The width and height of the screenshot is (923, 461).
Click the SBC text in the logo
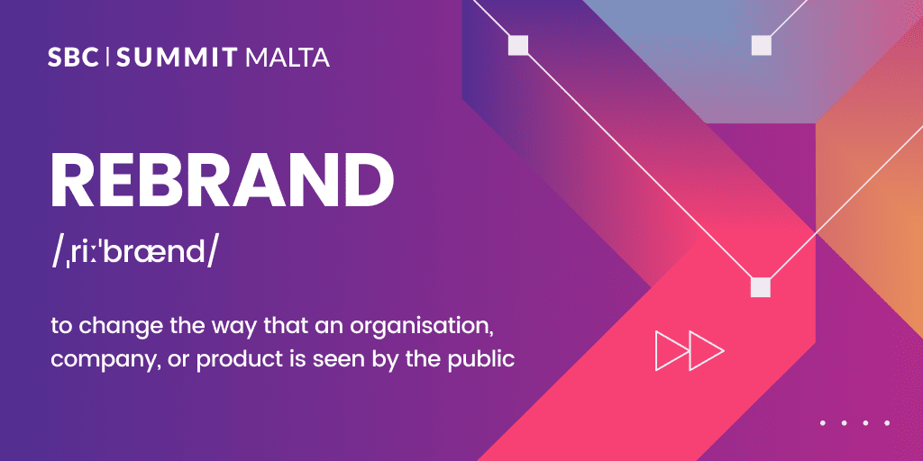73,57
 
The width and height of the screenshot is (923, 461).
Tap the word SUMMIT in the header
177,57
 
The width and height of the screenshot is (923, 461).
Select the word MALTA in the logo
286,57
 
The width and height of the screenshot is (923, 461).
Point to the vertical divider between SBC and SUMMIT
108,57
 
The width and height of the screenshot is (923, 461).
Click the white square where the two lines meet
761,287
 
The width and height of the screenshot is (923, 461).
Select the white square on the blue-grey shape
761,45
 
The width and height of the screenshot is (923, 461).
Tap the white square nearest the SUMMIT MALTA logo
518,45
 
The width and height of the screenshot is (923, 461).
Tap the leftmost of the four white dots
823,422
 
